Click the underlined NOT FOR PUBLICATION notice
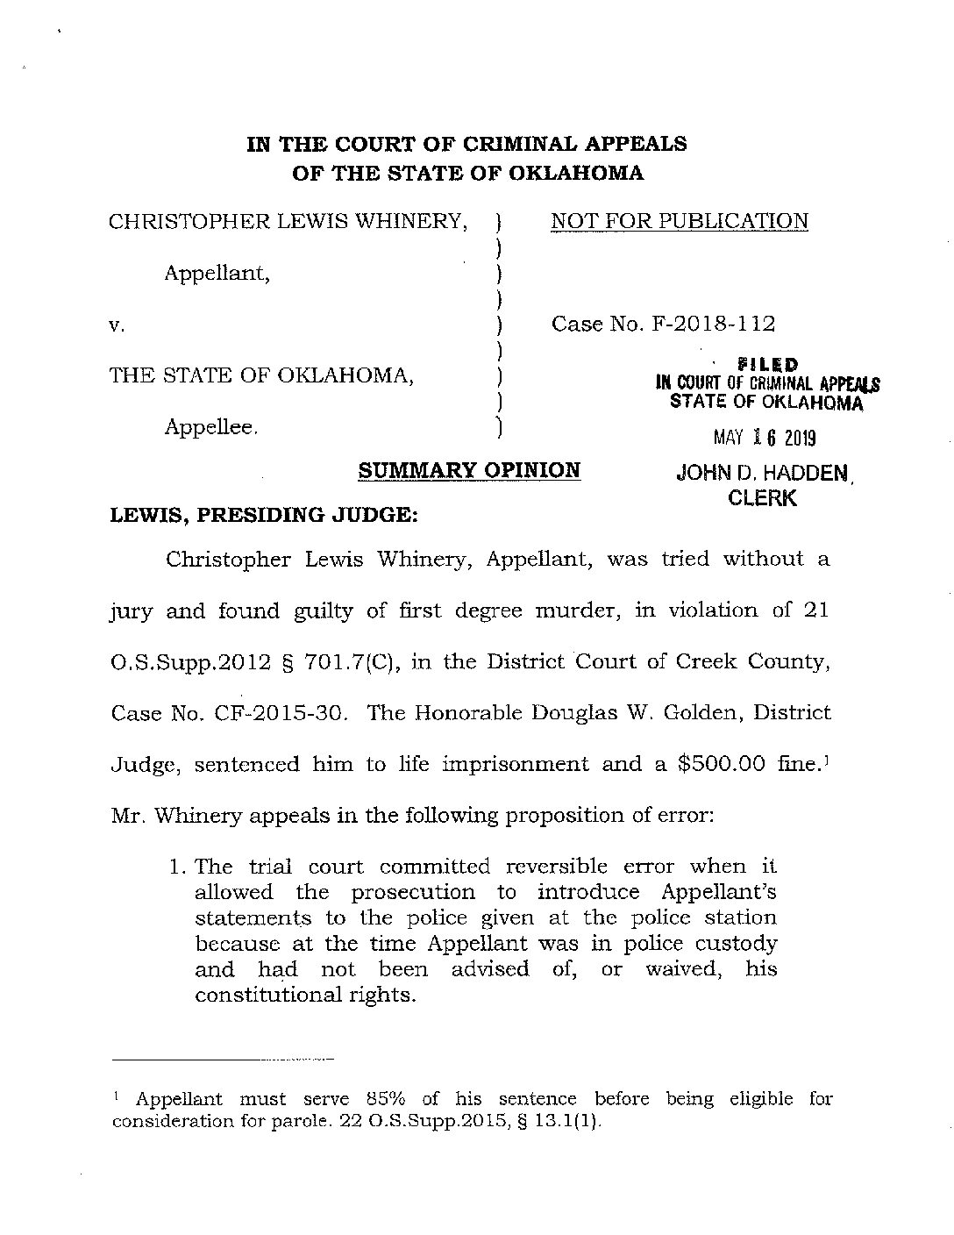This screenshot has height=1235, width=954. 680,221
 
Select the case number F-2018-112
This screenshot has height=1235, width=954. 713,325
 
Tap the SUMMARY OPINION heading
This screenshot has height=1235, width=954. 470,470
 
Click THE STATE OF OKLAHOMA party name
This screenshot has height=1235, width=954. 261,375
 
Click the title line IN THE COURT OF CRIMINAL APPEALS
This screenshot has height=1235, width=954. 466,144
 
